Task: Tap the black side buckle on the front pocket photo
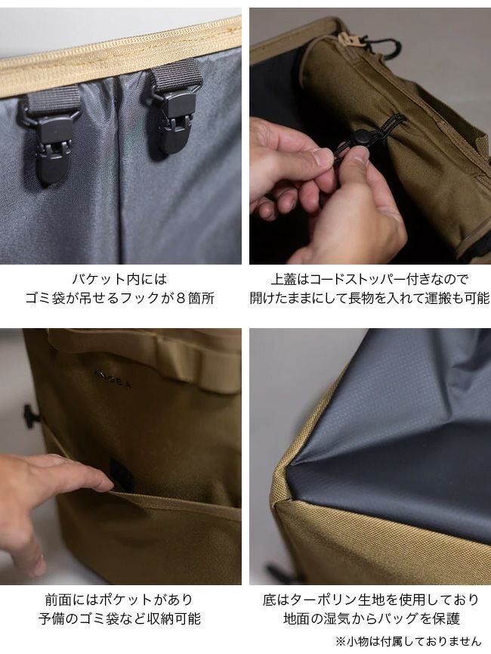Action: [x=31, y=415]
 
